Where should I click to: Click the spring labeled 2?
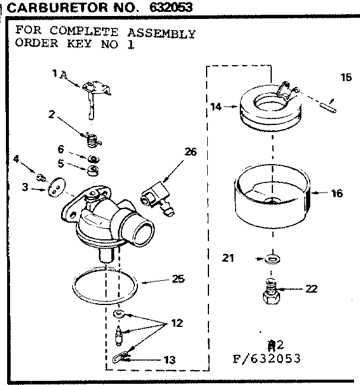[x=91, y=140]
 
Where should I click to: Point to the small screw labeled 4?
[x=41, y=176]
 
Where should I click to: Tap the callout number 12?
[x=176, y=323]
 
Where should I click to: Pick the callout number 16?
[x=337, y=194]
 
